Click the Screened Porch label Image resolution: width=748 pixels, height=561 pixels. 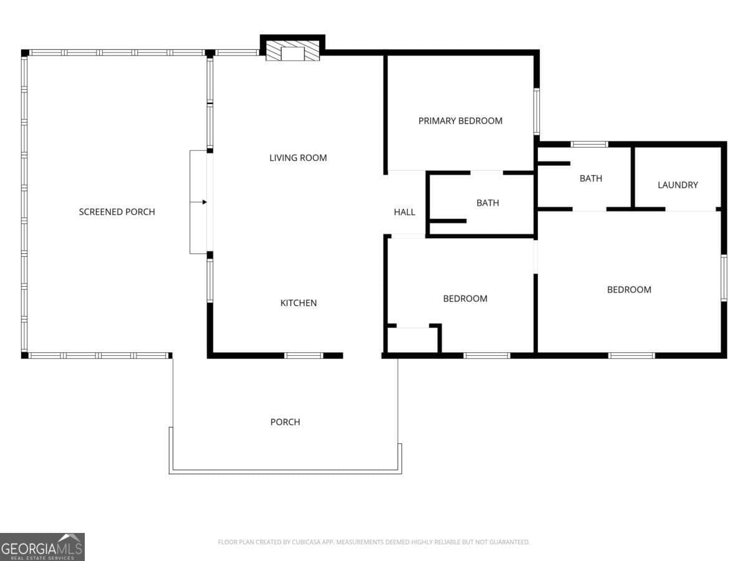tap(117, 212)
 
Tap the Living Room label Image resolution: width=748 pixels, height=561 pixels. tap(298, 158)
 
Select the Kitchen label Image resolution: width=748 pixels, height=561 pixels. tap(299, 303)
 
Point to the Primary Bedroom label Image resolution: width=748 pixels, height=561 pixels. tap(461, 121)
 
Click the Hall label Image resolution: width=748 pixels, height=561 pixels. tap(405, 212)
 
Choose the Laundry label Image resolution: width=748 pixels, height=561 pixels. tap(678, 185)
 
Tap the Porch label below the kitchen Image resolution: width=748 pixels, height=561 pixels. tap(285, 422)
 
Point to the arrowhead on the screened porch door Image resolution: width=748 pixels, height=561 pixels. tap(204, 202)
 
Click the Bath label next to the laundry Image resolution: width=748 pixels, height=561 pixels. tap(591, 178)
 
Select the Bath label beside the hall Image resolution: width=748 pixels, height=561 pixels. tap(487, 203)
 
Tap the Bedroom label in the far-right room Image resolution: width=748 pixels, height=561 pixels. tap(629, 289)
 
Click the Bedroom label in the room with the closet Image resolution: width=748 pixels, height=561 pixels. tap(465, 299)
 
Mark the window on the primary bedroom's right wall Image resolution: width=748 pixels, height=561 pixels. tap(537, 112)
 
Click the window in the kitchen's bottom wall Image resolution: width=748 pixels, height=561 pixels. tap(304, 355)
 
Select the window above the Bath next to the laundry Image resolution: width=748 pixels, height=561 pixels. tap(590, 145)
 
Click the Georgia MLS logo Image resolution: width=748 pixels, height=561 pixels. tap(42, 547)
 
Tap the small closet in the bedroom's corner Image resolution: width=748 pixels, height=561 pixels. tap(413, 340)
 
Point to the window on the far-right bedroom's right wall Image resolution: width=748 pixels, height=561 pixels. tap(724, 278)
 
